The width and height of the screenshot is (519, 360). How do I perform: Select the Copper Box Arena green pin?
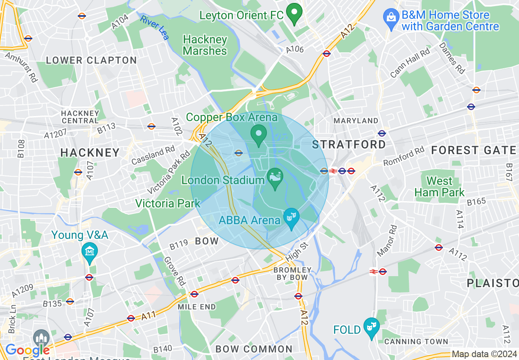(x=259, y=134)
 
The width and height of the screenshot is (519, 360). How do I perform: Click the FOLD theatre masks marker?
(x=371, y=327)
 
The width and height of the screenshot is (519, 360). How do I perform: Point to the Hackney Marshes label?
(x=205, y=45)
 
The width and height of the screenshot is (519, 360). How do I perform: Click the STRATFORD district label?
(x=349, y=144)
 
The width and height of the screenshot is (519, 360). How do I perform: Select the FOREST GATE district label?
(x=473, y=151)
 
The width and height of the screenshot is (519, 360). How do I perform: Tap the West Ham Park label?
(x=439, y=187)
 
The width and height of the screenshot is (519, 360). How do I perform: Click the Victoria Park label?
(x=168, y=203)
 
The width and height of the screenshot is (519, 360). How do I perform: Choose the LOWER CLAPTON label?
(x=91, y=61)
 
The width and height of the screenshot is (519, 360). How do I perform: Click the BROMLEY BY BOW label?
(x=292, y=274)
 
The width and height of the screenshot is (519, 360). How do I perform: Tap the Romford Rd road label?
(x=404, y=157)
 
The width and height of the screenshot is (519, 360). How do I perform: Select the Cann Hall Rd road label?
(x=410, y=62)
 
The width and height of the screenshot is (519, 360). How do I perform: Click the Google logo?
(x=27, y=350)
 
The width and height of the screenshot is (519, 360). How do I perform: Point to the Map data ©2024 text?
(x=484, y=354)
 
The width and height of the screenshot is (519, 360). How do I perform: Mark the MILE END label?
(x=196, y=306)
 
